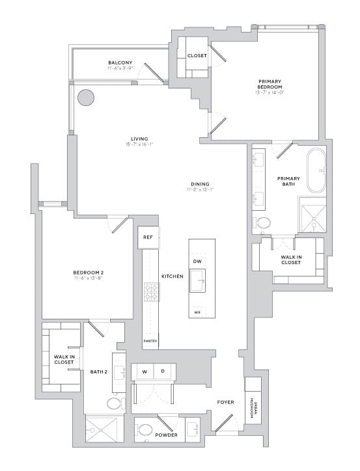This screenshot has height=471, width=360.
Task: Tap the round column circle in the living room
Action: (86, 98)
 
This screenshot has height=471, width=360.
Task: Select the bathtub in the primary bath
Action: (316, 170)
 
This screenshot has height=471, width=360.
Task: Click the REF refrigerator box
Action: (147, 238)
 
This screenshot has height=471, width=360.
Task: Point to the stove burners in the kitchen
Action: (151, 291)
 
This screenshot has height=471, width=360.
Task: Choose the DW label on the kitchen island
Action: (197, 261)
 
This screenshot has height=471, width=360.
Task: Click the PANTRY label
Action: (150, 340)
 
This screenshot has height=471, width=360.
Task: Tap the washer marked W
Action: (144, 371)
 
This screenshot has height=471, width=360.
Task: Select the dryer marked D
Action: (163, 371)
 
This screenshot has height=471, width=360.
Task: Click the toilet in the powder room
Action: (145, 430)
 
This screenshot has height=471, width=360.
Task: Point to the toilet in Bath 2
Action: (115, 404)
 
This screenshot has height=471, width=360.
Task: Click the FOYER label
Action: (225, 402)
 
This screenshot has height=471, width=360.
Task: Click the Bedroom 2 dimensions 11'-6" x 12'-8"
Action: (89, 278)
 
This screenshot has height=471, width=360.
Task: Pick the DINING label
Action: (199, 183)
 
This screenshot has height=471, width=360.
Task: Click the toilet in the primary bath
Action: (263, 222)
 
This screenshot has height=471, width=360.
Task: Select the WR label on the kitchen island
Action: (197, 312)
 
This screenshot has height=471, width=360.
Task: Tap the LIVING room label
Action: (139, 139)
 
